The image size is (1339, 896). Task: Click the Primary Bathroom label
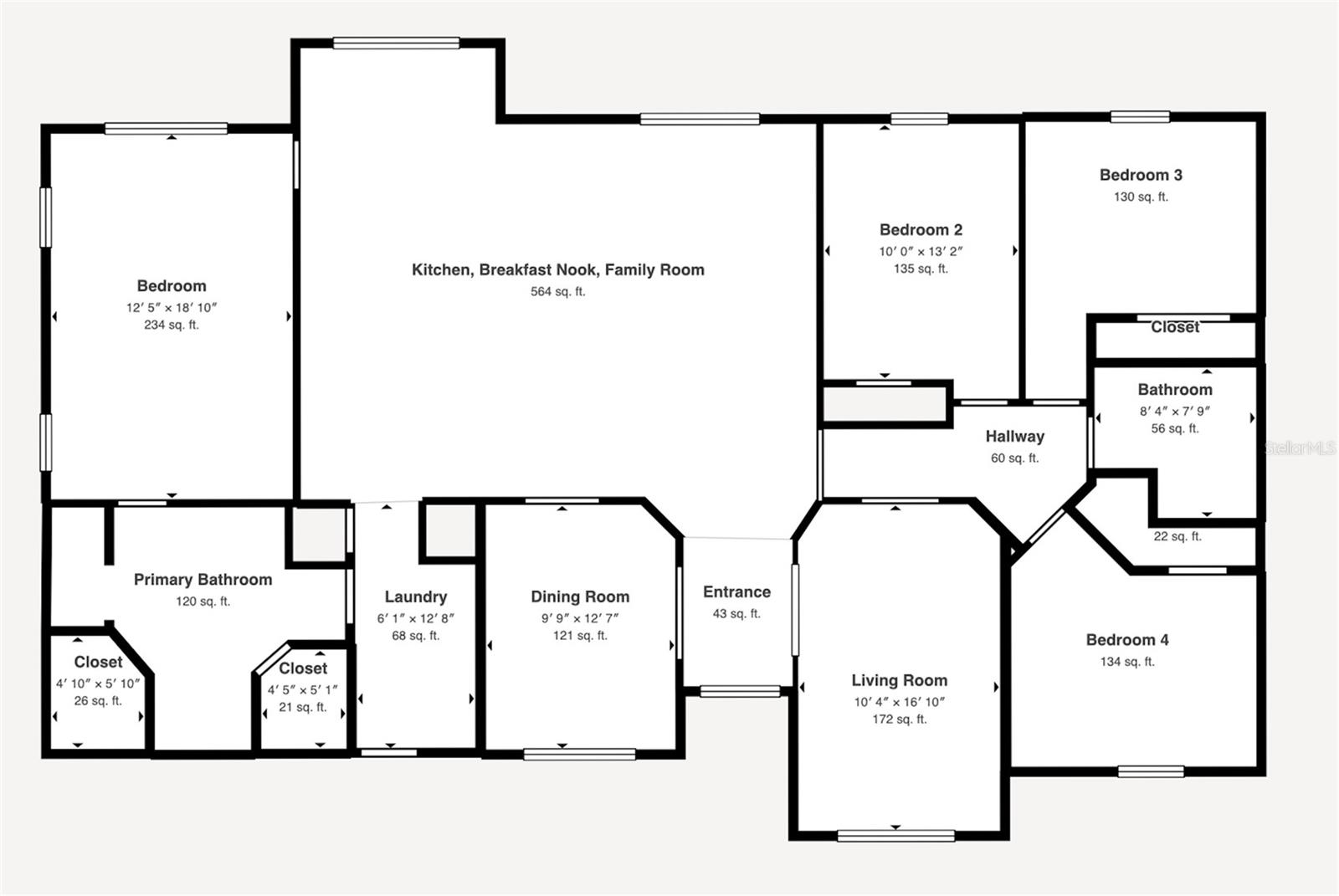(203, 580)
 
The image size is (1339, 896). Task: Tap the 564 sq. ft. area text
(557, 292)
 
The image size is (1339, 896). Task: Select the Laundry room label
(416, 596)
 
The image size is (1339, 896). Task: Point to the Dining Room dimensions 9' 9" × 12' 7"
(580, 618)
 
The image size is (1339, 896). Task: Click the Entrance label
(736, 592)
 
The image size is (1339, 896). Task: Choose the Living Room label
(899, 680)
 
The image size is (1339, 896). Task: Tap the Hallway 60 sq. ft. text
(1014, 458)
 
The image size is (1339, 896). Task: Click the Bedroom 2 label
(921, 229)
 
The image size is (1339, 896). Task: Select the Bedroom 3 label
(1141, 175)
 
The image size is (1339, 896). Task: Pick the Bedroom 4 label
(1127, 640)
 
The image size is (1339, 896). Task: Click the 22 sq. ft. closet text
(1177, 536)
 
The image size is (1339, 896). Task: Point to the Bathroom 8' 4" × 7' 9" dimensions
(1174, 411)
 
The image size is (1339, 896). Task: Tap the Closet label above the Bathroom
(1175, 328)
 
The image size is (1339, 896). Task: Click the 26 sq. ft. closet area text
(98, 701)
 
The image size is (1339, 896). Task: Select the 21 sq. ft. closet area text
(302, 707)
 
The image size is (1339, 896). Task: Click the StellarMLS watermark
(1300, 448)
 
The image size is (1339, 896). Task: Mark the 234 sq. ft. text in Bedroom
(171, 325)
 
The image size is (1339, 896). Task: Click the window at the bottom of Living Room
(895, 834)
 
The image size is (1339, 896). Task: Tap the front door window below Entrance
(740, 691)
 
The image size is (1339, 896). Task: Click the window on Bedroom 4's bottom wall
(1151, 771)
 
